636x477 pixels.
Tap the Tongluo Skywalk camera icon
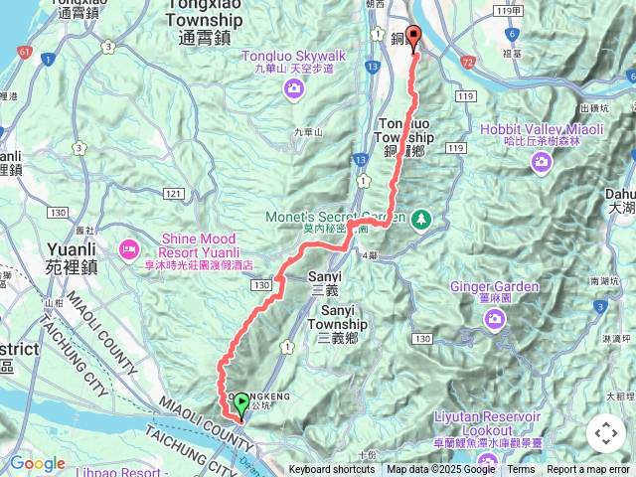[293, 90]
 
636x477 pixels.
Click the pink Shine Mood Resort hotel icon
[128, 247]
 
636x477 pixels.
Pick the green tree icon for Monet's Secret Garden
[421, 217]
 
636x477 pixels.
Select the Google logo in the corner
[37, 463]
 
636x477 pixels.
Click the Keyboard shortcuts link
[333, 470]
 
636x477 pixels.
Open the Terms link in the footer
[521, 470]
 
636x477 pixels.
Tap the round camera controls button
[605, 433]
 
